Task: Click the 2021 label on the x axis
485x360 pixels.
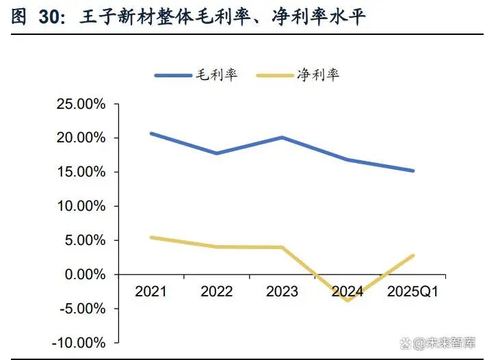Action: (150, 292)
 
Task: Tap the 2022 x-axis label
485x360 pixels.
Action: (216, 292)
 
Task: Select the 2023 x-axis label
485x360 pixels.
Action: (282, 292)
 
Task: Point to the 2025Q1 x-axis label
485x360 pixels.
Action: (413, 292)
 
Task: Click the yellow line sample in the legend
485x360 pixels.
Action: (276, 75)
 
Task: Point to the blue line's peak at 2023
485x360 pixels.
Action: (282, 138)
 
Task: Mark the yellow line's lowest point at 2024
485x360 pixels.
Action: (348, 300)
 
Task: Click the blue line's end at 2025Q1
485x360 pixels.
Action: (412, 170)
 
